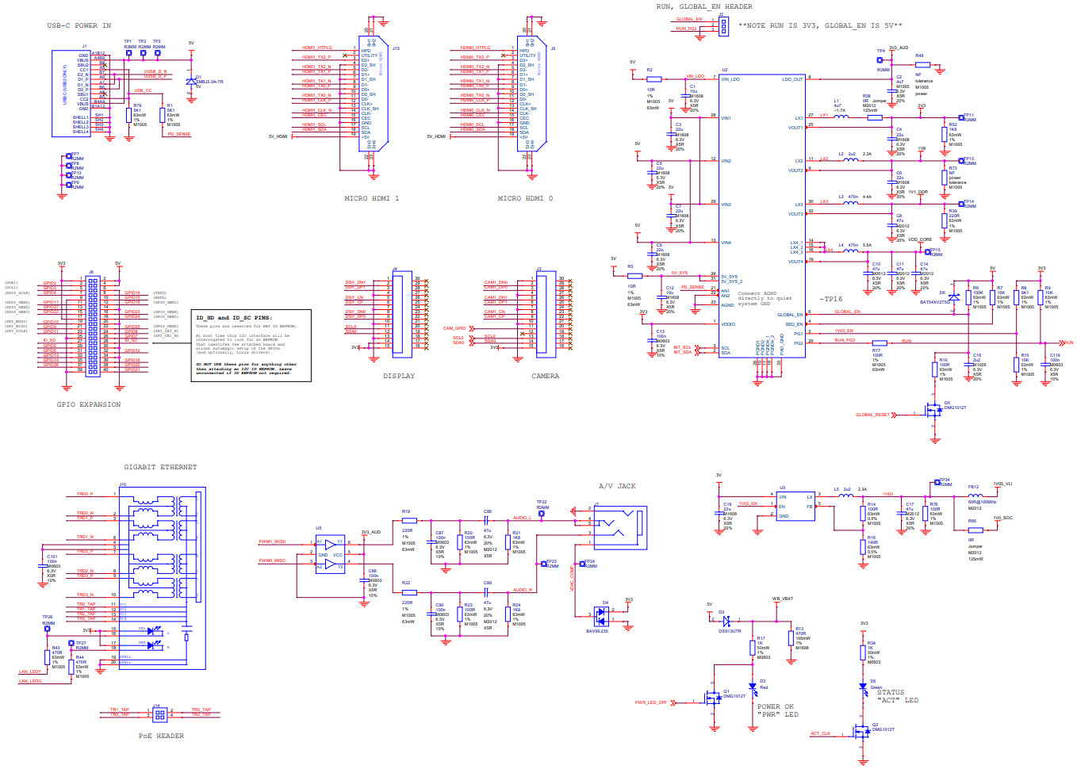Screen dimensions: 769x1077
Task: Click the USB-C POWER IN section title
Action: click(x=79, y=25)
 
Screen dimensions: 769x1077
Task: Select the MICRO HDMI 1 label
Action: click(x=371, y=198)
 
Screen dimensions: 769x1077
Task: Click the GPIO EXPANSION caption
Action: click(x=88, y=404)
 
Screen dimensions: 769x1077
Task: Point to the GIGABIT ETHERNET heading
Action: click(x=159, y=467)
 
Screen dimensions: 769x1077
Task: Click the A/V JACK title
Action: click(x=617, y=486)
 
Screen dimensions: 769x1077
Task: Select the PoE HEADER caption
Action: click(x=161, y=736)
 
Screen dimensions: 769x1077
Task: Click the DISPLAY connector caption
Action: click(x=398, y=376)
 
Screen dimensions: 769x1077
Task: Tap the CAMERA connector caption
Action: click(x=545, y=376)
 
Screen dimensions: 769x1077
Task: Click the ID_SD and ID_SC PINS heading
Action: click(x=233, y=318)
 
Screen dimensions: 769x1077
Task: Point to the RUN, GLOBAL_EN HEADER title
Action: click(x=703, y=6)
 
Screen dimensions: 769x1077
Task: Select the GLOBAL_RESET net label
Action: click(x=872, y=415)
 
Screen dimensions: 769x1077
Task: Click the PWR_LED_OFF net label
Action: click(x=650, y=702)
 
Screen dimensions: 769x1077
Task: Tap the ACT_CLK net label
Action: click(x=820, y=733)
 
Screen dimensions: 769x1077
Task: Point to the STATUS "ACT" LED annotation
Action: click(x=897, y=696)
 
